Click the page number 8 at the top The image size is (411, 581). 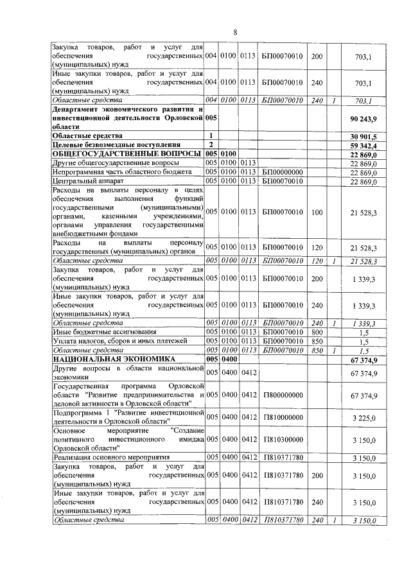[235, 32]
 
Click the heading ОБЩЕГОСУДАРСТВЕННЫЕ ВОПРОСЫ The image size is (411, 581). [126, 154]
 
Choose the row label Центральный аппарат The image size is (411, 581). [84, 181]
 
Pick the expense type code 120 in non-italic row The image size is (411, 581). [316, 247]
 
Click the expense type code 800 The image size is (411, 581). [316, 331]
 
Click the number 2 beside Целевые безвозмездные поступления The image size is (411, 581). [211, 145]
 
